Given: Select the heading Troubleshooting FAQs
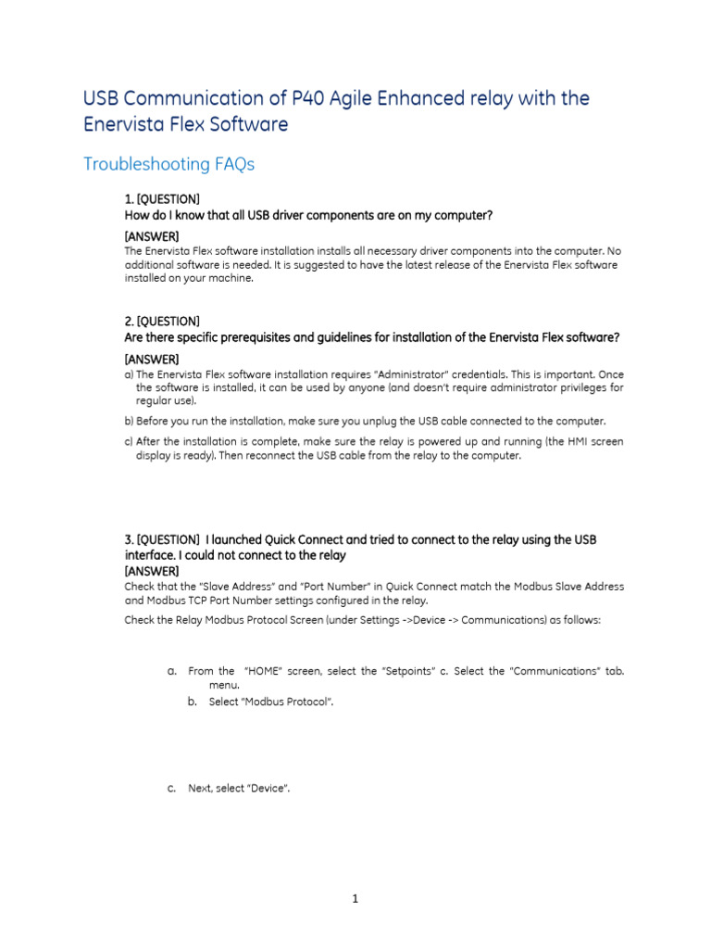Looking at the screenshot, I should coord(168,164).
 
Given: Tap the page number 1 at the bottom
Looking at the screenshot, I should coord(355,898).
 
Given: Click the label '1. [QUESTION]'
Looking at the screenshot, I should coord(162,200).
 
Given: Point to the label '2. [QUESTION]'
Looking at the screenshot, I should coord(162,322).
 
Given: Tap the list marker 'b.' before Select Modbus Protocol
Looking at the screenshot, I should coord(193,702).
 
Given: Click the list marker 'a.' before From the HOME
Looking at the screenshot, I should coord(172,671).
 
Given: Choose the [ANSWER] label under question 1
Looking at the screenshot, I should coord(152,236).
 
